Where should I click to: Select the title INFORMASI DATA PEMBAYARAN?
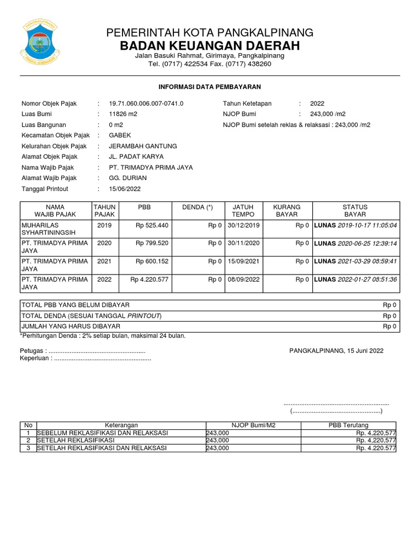210,86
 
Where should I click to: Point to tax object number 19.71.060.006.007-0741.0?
146,103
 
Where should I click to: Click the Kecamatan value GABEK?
120,135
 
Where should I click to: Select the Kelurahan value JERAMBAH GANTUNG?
143,146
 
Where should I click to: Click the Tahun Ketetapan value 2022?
317,103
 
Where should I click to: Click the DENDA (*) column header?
197,207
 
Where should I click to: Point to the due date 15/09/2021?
243,261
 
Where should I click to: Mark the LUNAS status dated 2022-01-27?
356,279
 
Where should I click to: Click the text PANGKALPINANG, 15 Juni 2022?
336,351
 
